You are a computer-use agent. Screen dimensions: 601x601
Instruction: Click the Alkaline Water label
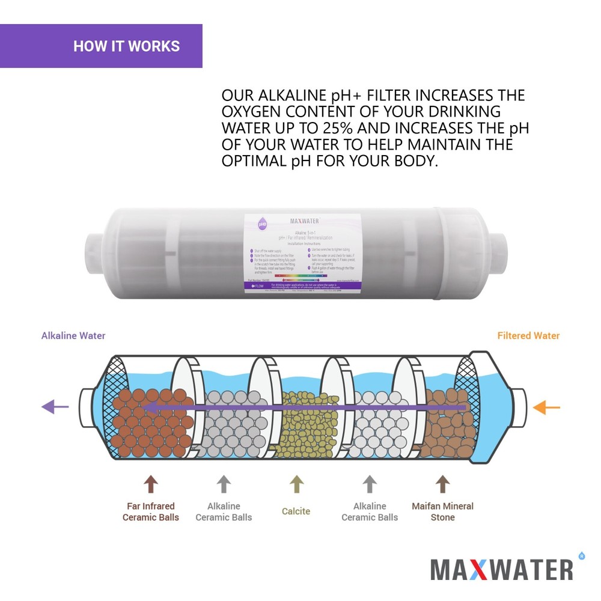[73, 336]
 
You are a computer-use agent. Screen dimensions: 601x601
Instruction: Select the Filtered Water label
[528, 336]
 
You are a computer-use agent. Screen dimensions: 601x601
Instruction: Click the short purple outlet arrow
[55, 407]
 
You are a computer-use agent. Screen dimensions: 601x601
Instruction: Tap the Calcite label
[296, 511]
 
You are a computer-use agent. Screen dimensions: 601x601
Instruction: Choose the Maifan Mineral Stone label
[442, 511]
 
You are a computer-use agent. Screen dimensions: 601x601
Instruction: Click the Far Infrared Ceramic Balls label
[151, 511]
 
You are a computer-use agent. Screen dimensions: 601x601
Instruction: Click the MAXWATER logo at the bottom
[502, 569]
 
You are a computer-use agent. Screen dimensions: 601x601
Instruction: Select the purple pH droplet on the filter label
[263, 224]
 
